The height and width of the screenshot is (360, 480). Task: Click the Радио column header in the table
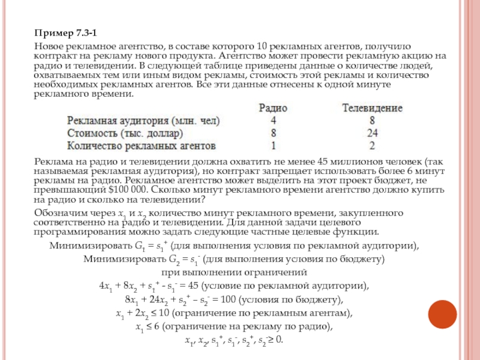[x=273, y=108]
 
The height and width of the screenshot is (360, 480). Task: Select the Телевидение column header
[x=372, y=108]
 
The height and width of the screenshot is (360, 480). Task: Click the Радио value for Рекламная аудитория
[x=273, y=120]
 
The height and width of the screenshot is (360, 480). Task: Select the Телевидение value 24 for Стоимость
[x=373, y=133]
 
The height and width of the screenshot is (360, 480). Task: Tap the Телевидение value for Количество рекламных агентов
[x=373, y=145]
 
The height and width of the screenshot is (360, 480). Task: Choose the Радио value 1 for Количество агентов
[x=273, y=145]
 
